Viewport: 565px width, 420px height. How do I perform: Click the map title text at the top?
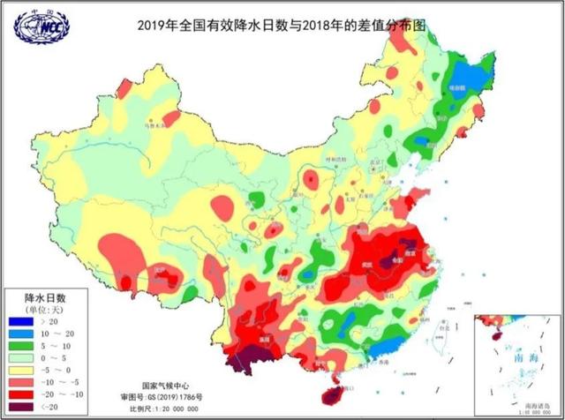[x=282, y=26]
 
